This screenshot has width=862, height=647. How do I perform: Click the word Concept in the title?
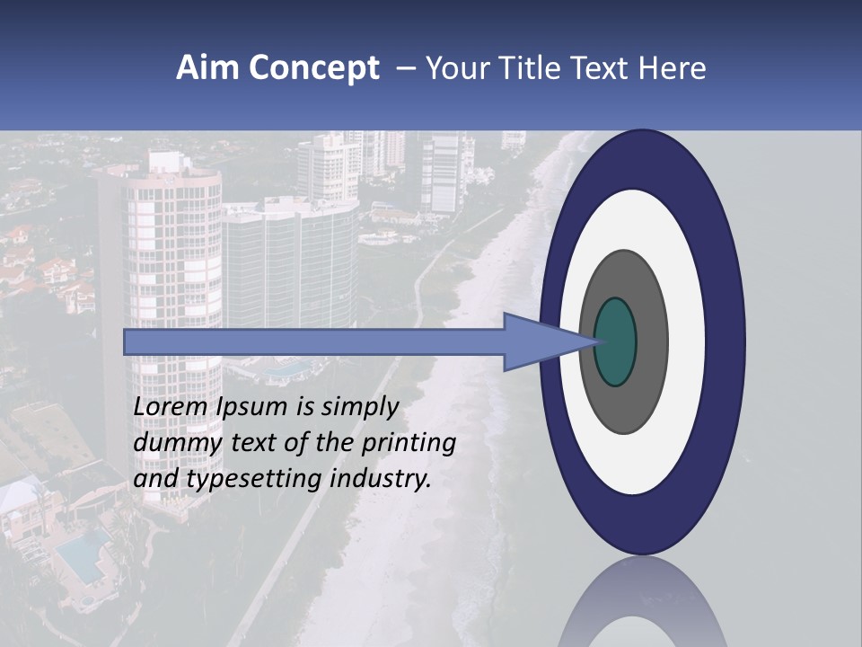[x=312, y=68]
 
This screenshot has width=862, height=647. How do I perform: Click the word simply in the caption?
[x=360, y=406]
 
